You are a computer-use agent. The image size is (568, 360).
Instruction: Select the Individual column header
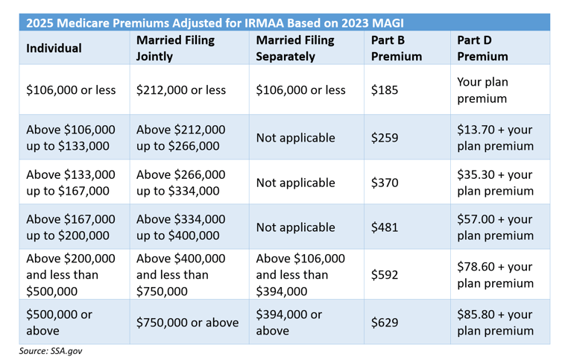[x=54, y=48]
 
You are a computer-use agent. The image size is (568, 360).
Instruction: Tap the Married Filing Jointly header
[x=175, y=48]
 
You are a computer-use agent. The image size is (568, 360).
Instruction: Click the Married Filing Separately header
[x=295, y=48]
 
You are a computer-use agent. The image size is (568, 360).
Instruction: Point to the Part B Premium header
[x=397, y=48]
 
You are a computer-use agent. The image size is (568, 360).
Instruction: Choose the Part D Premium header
[x=482, y=48]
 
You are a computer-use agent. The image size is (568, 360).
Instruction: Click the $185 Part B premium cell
[x=385, y=90]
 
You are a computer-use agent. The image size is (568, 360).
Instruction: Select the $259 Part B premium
[x=385, y=138]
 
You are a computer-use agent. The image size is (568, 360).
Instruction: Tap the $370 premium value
[x=385, y=183]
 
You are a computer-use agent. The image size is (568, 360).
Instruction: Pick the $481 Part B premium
[x=385, y=227]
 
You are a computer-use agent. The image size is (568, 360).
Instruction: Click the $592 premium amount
[x=385, y=274]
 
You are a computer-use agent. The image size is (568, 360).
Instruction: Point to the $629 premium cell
[x=385, y=322]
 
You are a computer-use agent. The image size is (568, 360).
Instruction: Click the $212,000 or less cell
[x=181, y=90]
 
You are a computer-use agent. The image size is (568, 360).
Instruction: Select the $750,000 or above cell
[x=188, y=322]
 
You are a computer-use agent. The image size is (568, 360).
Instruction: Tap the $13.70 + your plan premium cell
[x=495, y=138]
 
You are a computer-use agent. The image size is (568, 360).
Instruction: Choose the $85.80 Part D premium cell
[x=495, y=322]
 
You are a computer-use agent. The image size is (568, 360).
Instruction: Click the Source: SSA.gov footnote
[x=51, y=351]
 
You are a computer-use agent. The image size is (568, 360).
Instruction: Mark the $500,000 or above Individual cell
[x=59, y=322]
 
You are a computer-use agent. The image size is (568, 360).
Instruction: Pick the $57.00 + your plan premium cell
[x=495, y=227]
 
